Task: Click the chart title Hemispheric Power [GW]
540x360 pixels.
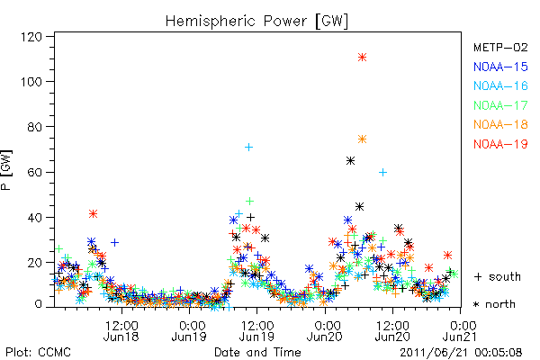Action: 256,22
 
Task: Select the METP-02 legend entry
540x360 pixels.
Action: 500,47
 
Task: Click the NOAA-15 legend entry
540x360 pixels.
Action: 500,67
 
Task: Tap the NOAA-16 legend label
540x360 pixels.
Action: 500,85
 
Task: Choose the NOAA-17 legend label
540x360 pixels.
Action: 500,105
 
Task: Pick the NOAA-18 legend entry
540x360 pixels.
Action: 500,124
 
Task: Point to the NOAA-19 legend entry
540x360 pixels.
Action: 500,144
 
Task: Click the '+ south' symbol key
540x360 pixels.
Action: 498,276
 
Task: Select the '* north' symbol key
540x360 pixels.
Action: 494,304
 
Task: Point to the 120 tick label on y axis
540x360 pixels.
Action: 31,37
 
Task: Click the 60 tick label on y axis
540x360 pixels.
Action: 35,172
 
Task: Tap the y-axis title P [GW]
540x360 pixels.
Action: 6,170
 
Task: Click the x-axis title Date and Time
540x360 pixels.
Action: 257,352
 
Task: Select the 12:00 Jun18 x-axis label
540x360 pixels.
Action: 121,331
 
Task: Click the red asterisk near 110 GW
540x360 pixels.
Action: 362,58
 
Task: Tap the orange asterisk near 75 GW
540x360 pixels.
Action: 362,139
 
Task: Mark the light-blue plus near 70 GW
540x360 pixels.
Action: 248,148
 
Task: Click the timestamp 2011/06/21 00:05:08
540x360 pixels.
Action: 461,353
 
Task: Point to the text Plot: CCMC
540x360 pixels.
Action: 38,353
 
